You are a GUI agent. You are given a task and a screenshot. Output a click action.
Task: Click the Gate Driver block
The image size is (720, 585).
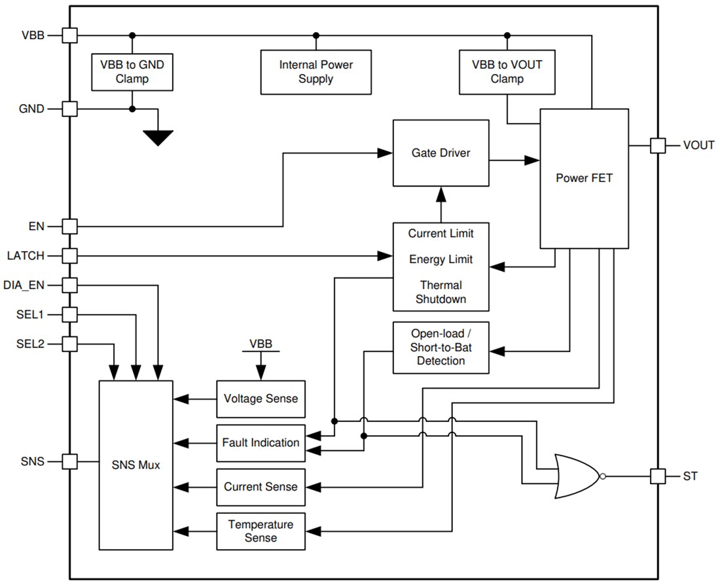(x=441, y=153)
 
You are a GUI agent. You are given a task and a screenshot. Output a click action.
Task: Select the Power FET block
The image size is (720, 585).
(x=584, y=178)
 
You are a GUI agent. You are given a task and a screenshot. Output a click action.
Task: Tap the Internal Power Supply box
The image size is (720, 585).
(x=316, y=72)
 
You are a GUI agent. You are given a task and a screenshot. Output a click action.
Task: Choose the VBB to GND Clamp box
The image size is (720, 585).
(x=132, y=72)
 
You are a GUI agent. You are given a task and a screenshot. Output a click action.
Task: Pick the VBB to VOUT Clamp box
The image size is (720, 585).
(x=507, y=72)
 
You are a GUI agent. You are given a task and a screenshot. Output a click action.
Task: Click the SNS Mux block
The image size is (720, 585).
(x=135, y=465)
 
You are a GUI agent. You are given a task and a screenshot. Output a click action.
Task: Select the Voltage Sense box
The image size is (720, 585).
(x=261, y=399)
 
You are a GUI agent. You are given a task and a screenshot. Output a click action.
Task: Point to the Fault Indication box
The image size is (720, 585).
(x=261, y=442)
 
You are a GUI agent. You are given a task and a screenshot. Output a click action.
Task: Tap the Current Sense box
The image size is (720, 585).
(x=261, y=487)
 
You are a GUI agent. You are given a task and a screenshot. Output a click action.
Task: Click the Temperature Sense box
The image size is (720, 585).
(x=261, y=531)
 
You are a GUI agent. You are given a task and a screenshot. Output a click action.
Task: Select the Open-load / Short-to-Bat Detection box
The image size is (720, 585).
(x=441, y=347)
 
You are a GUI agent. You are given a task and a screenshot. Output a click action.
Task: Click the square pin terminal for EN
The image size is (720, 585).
(x=70, y=227)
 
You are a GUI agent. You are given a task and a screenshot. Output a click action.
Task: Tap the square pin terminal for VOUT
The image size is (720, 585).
(x=658, y=145)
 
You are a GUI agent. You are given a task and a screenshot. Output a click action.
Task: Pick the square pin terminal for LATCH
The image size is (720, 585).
(x=70, y=255)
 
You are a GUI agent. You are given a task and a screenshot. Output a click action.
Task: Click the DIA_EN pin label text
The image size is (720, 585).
(x=24, y=285)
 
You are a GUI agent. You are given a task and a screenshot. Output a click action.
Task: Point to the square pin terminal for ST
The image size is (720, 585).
(x=658, y=476)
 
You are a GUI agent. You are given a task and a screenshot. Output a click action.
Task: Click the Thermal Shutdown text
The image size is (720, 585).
(x=441, y=292)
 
